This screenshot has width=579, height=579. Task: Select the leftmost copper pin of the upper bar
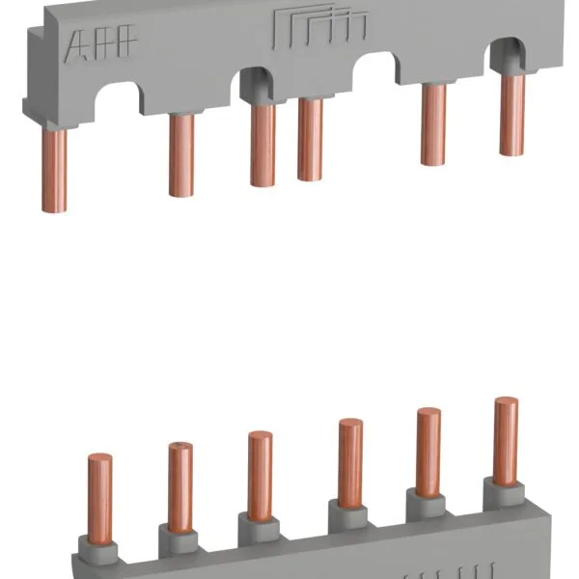(55, 169)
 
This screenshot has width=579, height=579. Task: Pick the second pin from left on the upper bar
(180, 154)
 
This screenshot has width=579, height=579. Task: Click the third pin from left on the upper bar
(263, 145)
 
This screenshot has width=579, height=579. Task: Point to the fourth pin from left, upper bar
(310, 139)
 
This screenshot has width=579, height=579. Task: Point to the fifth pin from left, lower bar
(428, 450)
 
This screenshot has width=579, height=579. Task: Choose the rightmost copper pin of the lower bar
(506, 439)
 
